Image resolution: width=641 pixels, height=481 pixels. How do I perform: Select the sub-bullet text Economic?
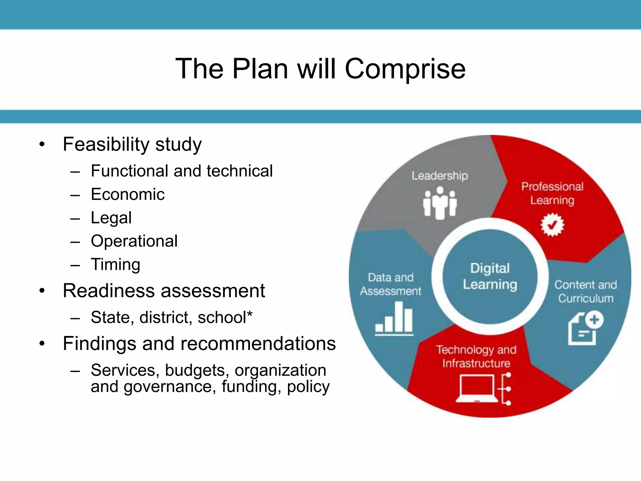[x=128, y=194]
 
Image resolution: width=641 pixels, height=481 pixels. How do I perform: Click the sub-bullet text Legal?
[x=111, y=218]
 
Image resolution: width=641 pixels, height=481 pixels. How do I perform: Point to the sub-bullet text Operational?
[x=134, y=241]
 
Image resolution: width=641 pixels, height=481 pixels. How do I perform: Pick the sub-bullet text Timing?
[x=115, y=265]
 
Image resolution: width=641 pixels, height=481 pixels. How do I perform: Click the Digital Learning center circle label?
[x=490, y=277]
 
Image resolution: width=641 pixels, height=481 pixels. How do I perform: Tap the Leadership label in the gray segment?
[x=439, y=176]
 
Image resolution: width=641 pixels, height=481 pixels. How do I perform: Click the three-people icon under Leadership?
[x=440, y=203]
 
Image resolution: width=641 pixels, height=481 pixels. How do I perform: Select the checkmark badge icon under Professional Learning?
[x=552, y=225]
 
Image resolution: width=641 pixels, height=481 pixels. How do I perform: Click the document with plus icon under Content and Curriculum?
[x=585, y=328]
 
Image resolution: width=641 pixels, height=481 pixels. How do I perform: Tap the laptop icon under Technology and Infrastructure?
[x=477, y=389]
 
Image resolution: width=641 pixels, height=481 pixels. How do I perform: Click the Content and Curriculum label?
[x=586, y=292]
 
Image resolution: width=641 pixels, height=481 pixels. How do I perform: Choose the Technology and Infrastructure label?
[x=476, y=357]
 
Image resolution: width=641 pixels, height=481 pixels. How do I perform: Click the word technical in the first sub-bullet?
[x=239, y=171]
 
